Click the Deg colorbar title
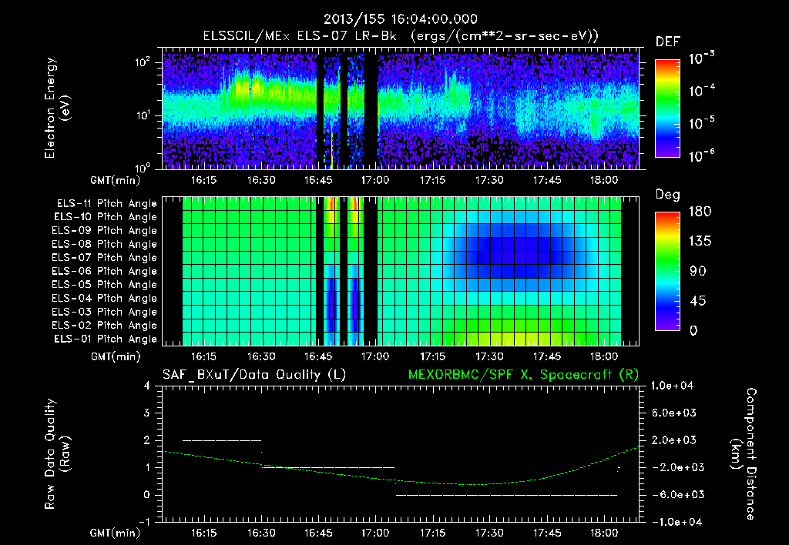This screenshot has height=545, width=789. click(666, 195)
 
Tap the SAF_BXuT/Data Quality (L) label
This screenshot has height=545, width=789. click(253, 375)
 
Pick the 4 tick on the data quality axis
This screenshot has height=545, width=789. click(147, 386)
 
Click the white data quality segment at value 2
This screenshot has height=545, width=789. click(222, 440)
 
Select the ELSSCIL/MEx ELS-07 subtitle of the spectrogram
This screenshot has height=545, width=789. click(400, 36)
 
